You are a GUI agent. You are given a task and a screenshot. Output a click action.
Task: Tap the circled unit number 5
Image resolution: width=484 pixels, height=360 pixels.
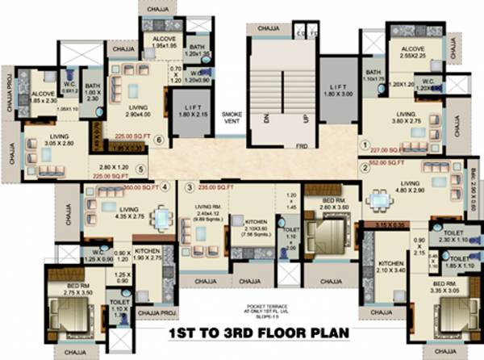(x=140, y=170)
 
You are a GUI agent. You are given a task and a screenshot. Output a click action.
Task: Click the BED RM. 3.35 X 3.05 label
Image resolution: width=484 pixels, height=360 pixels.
(x=445, y=288)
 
